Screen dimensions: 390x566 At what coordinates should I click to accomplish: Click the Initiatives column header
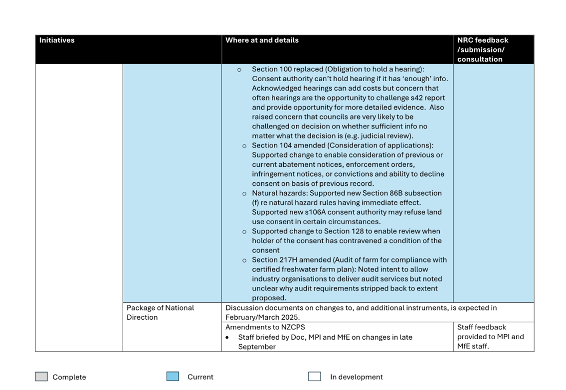57,40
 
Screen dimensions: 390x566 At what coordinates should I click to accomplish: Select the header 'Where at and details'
262,40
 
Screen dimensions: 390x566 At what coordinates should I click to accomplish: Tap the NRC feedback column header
482,49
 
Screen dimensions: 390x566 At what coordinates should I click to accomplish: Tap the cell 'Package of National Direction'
160,312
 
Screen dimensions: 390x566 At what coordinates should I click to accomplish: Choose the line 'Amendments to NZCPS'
265,327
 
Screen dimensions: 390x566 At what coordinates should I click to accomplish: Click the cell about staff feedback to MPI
490,337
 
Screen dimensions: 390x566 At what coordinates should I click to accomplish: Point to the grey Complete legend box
41,377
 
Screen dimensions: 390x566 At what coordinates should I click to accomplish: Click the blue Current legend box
173,377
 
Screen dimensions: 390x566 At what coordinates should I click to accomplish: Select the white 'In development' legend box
314,377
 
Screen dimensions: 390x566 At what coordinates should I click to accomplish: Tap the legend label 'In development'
356,377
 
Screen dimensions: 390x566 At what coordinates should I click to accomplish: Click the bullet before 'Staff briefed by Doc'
227,337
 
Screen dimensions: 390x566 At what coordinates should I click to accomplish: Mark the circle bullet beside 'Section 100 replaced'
239,70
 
